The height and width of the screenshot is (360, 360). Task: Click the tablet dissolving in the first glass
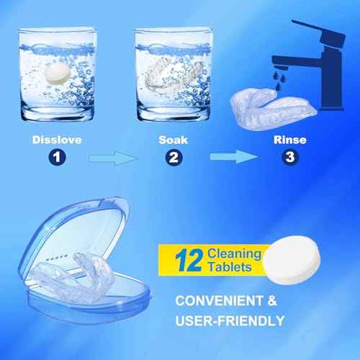click(x=55, y=73)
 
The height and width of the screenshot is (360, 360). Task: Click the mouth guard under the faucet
click(x=268, y=108)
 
